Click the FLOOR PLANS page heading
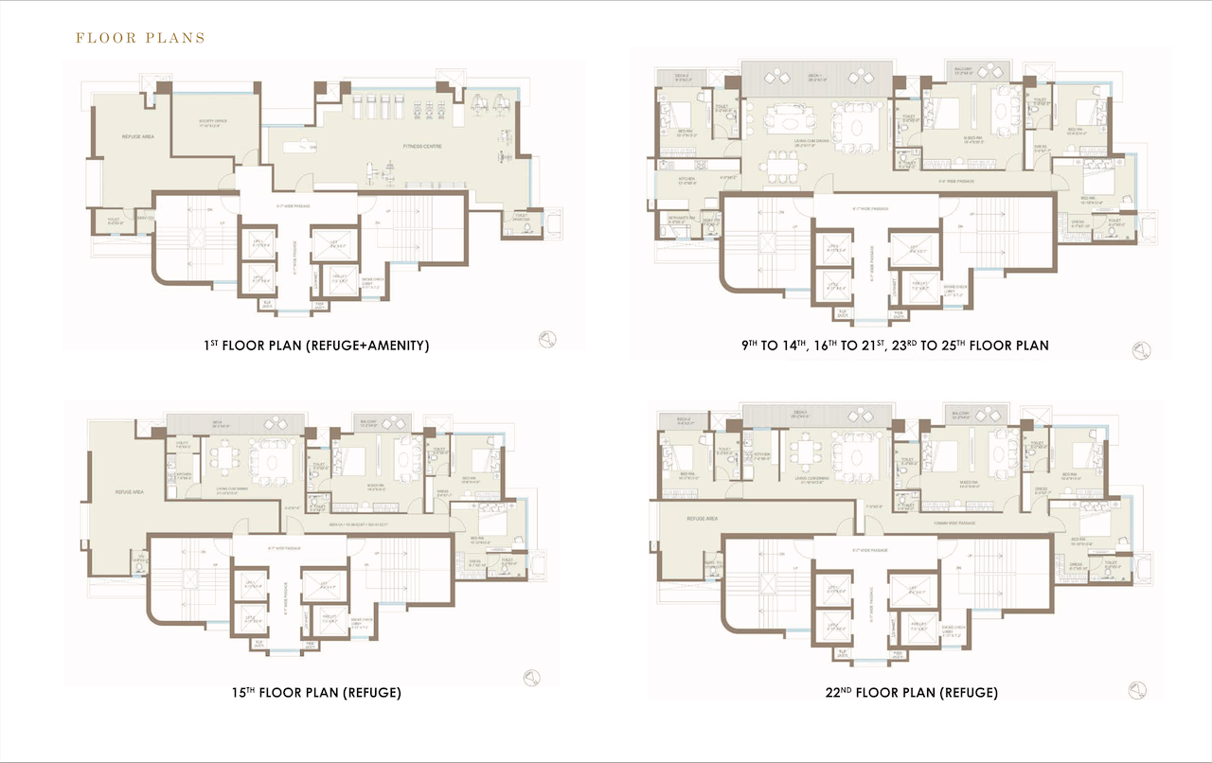coord(140,39)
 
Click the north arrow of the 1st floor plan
coord(548,339)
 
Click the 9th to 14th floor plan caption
coord(895,346)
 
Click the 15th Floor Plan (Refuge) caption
coord(316,692)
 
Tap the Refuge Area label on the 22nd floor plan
coord(699,519)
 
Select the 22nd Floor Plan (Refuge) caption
coord(911,692)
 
